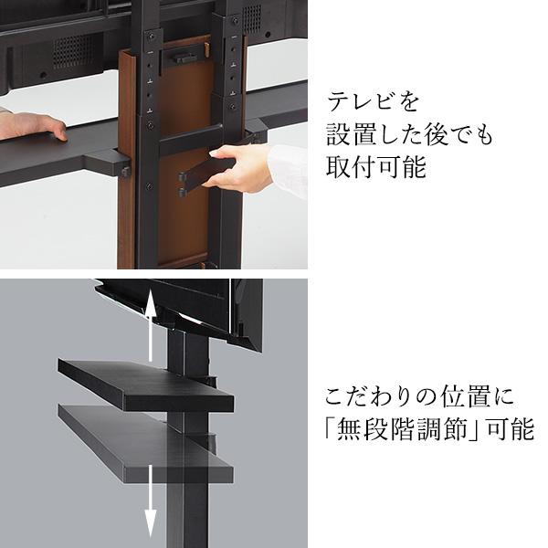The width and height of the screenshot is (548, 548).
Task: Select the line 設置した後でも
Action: (409, 135)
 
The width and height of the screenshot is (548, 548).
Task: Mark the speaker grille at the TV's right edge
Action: (275, 16)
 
